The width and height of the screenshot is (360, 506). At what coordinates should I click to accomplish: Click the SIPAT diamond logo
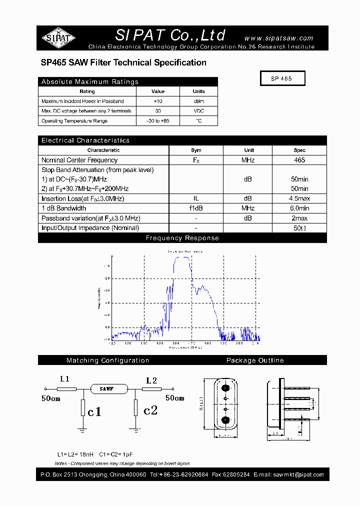coord(58,37)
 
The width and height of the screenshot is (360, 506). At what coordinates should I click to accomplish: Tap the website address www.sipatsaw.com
coord(278,38)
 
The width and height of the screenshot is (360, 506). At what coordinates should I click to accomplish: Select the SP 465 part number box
coord(282,79)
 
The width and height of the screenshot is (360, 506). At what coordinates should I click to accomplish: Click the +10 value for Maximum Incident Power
coord(158,101)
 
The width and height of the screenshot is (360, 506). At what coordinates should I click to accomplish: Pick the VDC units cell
coord(198,111)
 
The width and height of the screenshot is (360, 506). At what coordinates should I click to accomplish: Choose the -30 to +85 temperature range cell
coord(158,121)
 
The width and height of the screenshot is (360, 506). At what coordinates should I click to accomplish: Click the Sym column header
coord(196,150)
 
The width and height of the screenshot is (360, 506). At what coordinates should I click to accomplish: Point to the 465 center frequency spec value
coord(299,160)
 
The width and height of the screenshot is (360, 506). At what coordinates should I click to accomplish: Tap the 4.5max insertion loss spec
coord(299,198)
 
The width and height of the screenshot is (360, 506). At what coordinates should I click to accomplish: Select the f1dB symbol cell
coord(196,208)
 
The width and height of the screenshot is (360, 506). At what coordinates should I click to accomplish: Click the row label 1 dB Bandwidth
coord(64,208)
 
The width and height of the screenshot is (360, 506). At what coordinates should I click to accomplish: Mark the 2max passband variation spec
coord(299,218)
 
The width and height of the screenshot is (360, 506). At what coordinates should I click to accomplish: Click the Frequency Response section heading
coord(182,238)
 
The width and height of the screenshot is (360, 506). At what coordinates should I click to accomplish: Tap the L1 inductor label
coord(64,379)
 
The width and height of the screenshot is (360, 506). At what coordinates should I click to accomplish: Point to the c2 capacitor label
coord(150,410)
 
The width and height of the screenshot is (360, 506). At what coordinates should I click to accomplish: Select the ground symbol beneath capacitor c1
coord(82,429)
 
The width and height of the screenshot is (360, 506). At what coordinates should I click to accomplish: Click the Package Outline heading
coord(255,360)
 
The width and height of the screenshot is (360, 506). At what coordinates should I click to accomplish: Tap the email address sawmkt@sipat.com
coord(299,475)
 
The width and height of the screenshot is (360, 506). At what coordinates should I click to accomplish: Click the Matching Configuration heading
coord(107,360)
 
